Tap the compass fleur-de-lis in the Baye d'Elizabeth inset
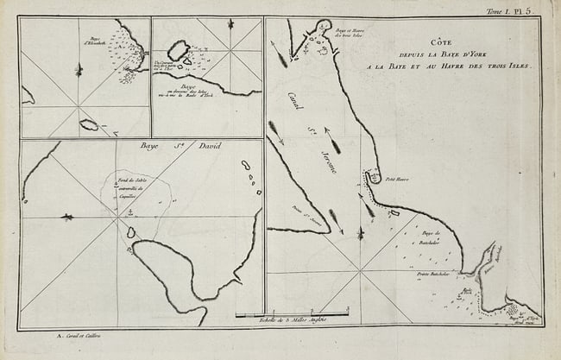[x=79, y=68]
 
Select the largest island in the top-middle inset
[x=180, y=50]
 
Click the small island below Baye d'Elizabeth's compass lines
[x=88, y=125]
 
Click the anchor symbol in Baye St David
[x=130, y=211]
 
